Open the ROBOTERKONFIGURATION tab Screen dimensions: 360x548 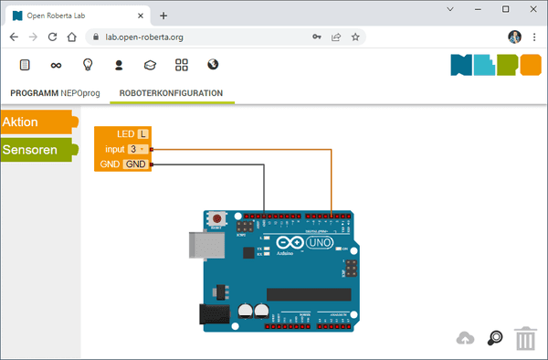[171, 93]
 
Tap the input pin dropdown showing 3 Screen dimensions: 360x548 [137, 149]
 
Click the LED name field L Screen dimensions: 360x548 [142, 134]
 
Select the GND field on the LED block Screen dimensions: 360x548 [135, 164]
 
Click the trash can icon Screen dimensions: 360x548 [525, 339]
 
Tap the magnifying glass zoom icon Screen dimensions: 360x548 [495, 338]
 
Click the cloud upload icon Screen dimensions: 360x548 [466, 339]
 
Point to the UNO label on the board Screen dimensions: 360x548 [317, 244]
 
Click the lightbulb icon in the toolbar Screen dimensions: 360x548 [88, 65]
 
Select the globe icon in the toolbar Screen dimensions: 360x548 [213, 65]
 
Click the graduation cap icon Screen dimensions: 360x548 [151, 65]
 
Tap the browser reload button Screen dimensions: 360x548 [54, 37]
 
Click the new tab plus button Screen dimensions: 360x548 [163, 16]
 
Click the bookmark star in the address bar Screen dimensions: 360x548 [355, 37]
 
